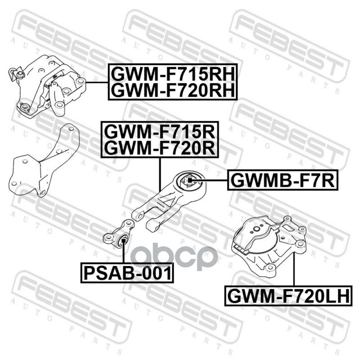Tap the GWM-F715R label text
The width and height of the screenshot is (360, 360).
point(160,131)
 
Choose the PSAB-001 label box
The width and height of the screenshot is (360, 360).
point(127,273)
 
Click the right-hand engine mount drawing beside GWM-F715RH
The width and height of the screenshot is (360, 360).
point(47,85)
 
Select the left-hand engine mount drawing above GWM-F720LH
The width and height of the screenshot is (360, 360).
point(269,243)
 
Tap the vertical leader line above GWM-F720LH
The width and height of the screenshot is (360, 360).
point(293,270)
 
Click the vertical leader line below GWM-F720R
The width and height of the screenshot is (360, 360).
point(160,173)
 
